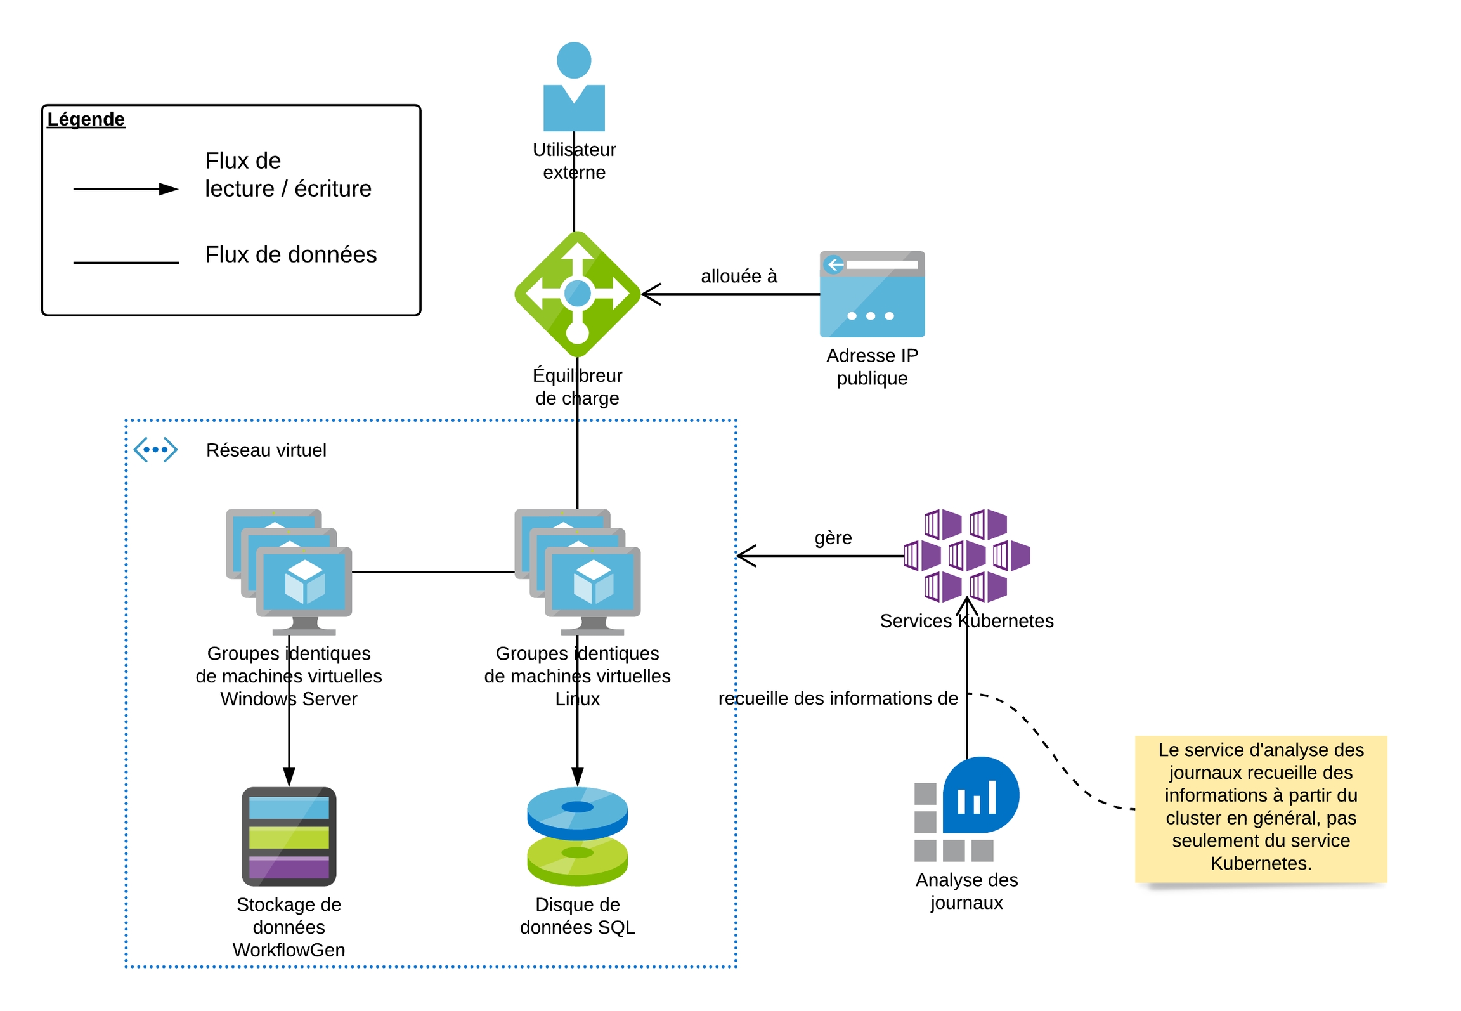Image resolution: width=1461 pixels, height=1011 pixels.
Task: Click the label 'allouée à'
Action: (x=739, y=276)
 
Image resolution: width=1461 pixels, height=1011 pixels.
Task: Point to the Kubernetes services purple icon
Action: (x=966, y=555)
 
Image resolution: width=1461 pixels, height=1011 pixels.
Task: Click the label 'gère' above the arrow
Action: (x=833, y=538)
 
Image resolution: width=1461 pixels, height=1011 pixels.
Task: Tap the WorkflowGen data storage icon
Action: (x=289, y=836)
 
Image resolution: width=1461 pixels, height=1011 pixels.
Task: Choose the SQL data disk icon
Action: (x=577, y=836)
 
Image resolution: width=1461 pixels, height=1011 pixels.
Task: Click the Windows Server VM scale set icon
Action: (x=289, y=571)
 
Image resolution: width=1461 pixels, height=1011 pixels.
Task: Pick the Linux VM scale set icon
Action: (x=577, y=571)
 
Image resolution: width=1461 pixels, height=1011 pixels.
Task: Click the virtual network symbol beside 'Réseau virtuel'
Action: (x=155, y=450)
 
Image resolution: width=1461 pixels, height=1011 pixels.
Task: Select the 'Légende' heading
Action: (x=86, y=119)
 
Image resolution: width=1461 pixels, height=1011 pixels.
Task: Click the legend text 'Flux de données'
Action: (x=290, y=254)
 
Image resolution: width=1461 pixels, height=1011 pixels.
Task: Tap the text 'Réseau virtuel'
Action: (x=266, y=450)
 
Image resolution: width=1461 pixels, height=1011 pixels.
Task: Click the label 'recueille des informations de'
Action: (x=837, y=698)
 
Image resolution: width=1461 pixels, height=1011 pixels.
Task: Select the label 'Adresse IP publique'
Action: (x=872, y=367)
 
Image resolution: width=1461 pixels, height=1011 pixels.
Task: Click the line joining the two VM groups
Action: (x=432, y=572)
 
